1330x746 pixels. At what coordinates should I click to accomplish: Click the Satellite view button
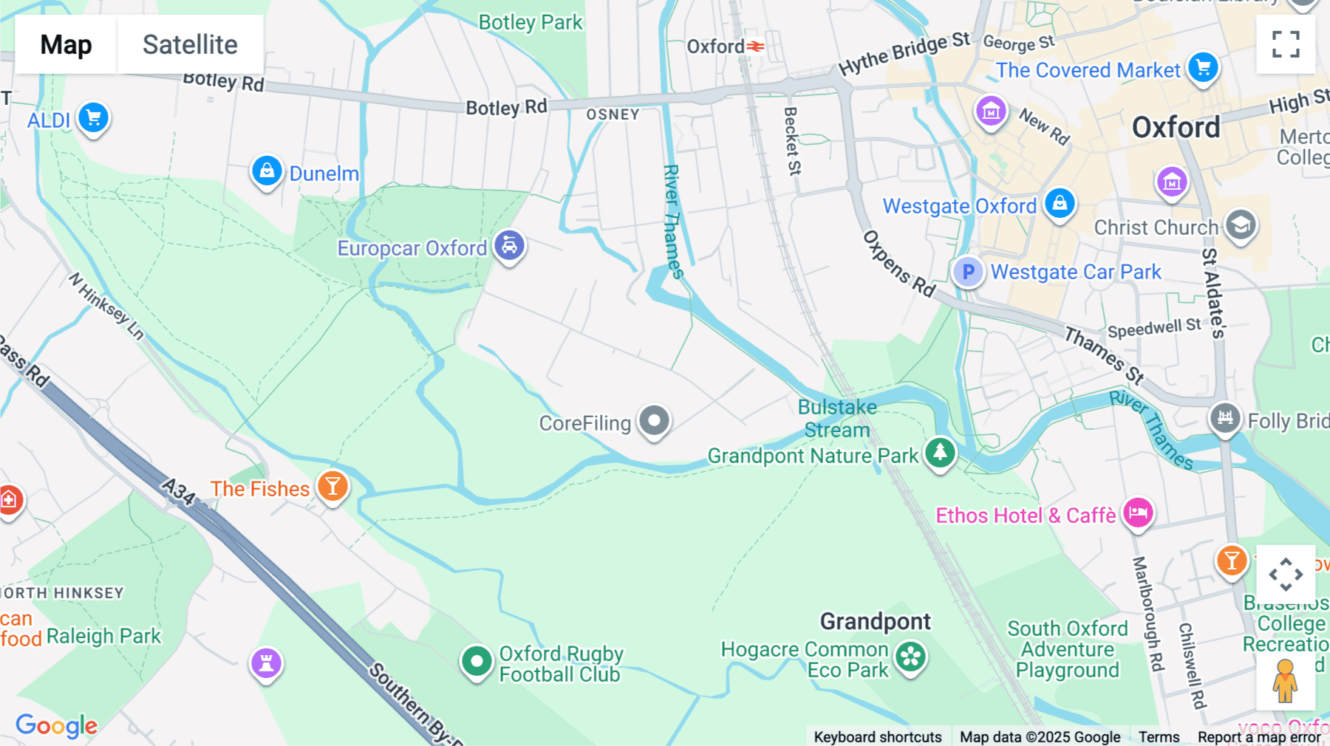[190, 44]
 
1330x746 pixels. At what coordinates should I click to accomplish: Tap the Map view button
[66, 44]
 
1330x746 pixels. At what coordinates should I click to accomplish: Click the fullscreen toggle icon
[1286, 44]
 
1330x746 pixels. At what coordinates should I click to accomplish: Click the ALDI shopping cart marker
[94, 117]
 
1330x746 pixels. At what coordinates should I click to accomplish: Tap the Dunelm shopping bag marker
[267, 171]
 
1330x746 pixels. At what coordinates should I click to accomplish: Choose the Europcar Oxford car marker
[509, 245]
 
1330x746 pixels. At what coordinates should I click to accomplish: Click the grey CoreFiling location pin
[654, 421]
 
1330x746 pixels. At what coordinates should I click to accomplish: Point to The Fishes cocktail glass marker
[332, 486]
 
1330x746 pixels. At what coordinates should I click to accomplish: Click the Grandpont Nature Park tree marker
[940, 451]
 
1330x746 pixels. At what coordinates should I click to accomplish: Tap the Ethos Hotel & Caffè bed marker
[1138, 511]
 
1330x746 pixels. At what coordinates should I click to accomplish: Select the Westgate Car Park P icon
[968, 272]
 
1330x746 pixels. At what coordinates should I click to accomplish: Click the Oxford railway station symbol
[755, 47]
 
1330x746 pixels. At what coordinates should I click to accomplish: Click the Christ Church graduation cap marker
[1241, 225]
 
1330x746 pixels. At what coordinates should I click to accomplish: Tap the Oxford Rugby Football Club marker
[477, 660]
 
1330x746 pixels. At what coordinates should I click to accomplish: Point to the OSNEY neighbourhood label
[613, 114]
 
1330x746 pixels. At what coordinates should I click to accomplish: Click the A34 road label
[178, 491]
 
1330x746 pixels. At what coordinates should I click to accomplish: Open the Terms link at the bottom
[1159, 736]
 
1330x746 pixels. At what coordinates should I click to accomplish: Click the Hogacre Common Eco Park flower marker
[911, 656]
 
